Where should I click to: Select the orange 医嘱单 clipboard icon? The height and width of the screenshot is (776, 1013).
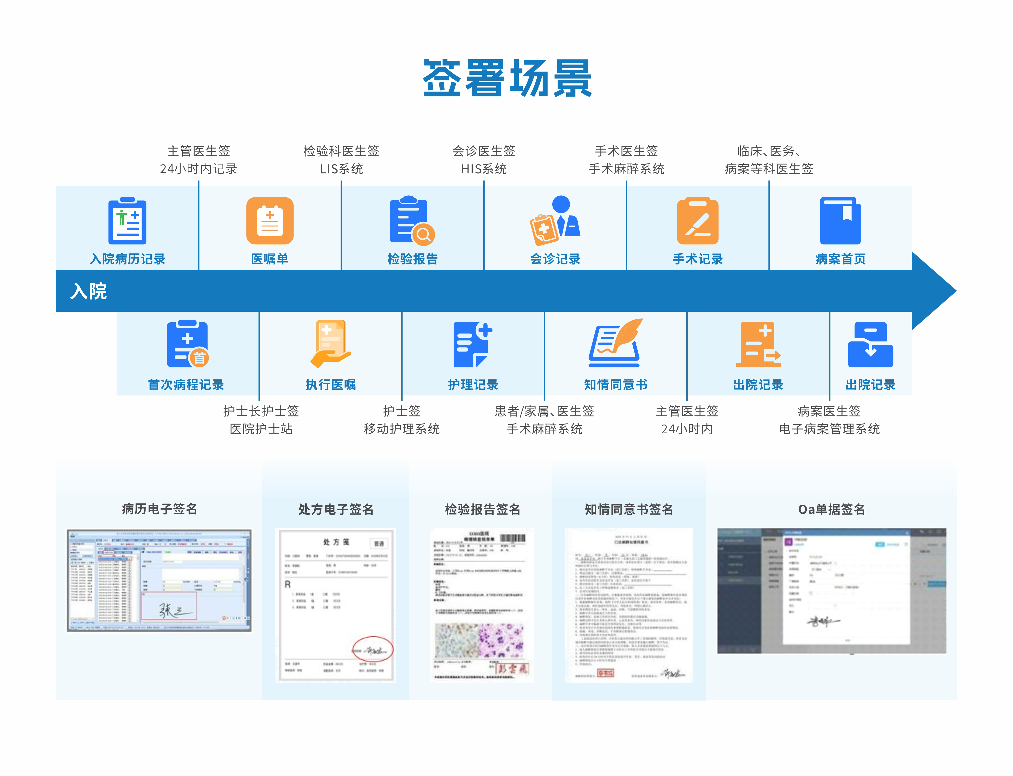pyautogui.click(x=270, y=221)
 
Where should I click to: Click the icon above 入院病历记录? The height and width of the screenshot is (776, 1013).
pyautogui.click(x=127, y=221)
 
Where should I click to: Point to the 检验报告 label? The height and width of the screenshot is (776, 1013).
pyautogui.click(x=412, y=259)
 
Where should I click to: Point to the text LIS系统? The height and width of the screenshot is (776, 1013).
pyautogui.click(x=341, y=169)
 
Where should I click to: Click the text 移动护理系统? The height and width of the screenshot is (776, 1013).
pyautogui.click(x=402, y=429)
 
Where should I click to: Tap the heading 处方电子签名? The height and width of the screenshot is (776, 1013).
pyautogui.click(x=336, y=510)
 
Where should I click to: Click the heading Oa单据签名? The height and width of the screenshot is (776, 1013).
pyautogui.click(x=831, y=510)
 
